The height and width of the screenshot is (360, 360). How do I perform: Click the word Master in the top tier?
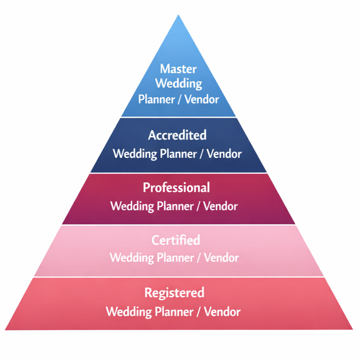tap(178, 69)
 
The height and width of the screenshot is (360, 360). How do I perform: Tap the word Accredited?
tap(177, 135)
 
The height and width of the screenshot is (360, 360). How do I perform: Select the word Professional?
tap(176, 188)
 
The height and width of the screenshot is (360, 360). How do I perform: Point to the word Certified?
tap(176, 241)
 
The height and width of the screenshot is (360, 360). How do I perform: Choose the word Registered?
tap(174, 293)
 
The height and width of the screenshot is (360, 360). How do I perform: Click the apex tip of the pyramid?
tap(179, 16)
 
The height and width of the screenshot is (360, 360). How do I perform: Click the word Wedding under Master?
tap(178, 83)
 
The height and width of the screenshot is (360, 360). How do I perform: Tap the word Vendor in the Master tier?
tap(202, 99)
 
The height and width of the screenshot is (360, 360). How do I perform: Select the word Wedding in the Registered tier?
tap(127, 311)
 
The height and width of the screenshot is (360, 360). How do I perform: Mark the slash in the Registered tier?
tap(198, 311)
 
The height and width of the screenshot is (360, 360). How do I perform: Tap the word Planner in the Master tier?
tap(156, 99)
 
